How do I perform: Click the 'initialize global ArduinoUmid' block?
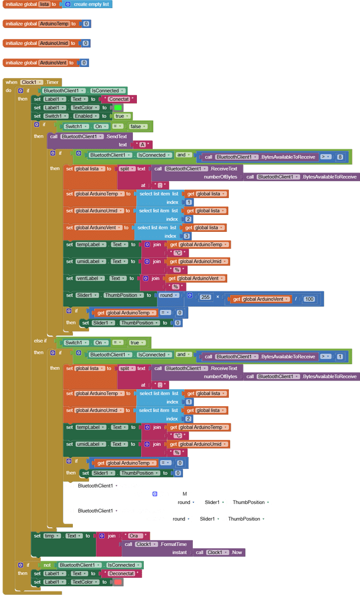pos(20,43)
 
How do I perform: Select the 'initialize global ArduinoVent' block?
pos(20,62)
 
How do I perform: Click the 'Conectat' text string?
pos(118,99)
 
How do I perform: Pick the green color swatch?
pos(118,108)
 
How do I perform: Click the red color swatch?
pos(118,582)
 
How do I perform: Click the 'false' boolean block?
pos(137,126)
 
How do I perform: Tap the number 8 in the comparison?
pos(340,157)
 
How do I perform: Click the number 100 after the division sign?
pos(309,299)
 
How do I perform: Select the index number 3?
pos(186,236)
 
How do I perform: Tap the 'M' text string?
pos(185,493)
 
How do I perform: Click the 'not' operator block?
pos(47,565)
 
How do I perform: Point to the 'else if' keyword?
pos(41,341)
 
